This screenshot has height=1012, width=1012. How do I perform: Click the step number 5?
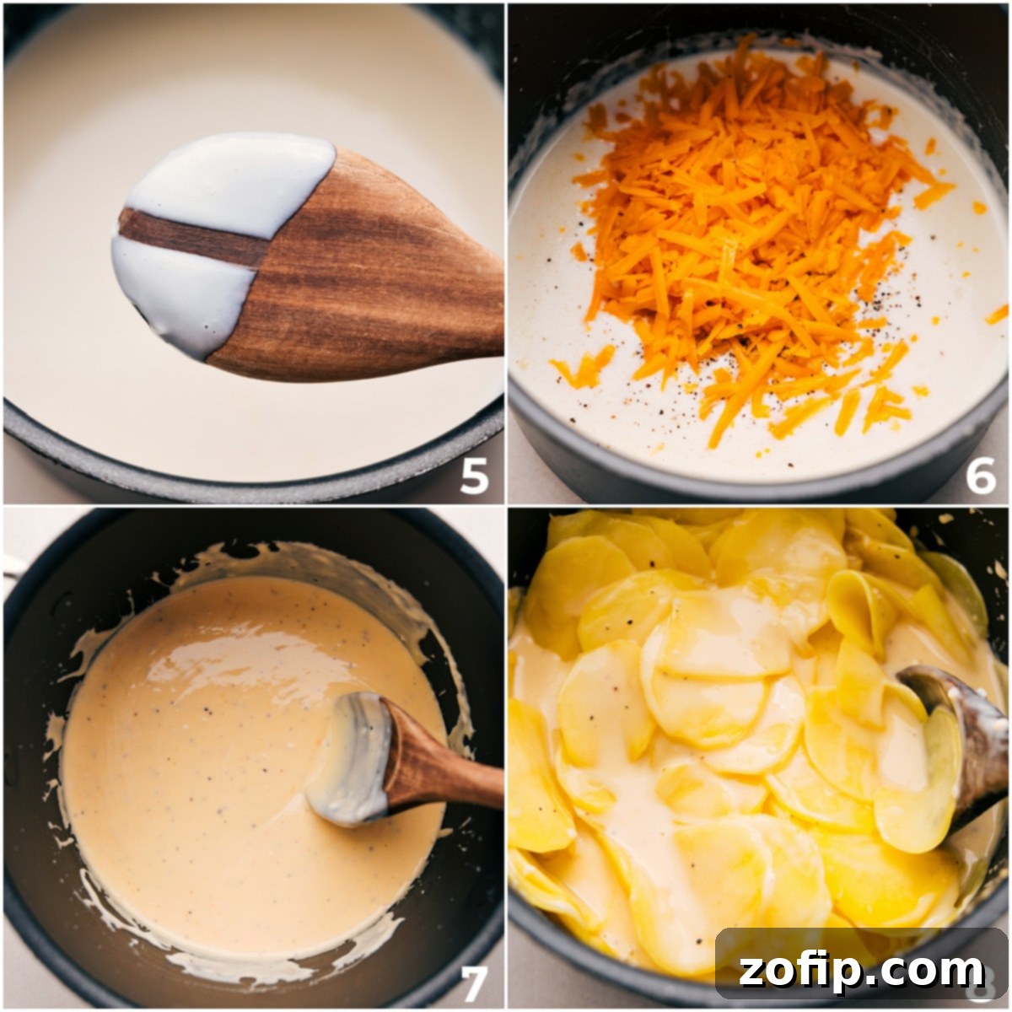click(x=474, y=476)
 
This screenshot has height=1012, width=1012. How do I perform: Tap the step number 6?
click(x=980, y=476)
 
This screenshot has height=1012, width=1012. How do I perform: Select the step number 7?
click(x=474, y=982)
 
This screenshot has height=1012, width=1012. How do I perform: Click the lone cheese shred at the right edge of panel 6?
click(x=997, y=315)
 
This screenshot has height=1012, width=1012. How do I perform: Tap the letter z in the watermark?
click(x=753, y=972)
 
